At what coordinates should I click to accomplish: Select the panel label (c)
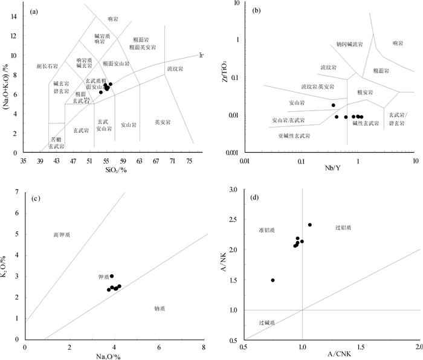pos(36,199)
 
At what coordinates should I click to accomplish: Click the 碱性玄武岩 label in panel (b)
pos(366,123)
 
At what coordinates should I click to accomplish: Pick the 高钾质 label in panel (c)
pos(61,234)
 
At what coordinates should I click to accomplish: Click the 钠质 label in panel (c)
pos(160,308)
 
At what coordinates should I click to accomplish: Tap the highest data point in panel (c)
pos(112,276)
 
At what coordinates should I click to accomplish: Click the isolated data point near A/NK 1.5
pos(273,280)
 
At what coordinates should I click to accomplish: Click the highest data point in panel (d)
pos(310,225)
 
